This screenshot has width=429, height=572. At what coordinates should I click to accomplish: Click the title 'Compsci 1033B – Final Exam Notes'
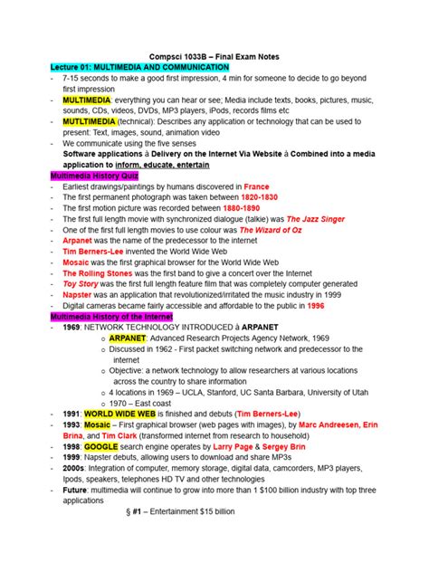point(214,55)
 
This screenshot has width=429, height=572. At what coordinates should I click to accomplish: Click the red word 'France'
point(257,185)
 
